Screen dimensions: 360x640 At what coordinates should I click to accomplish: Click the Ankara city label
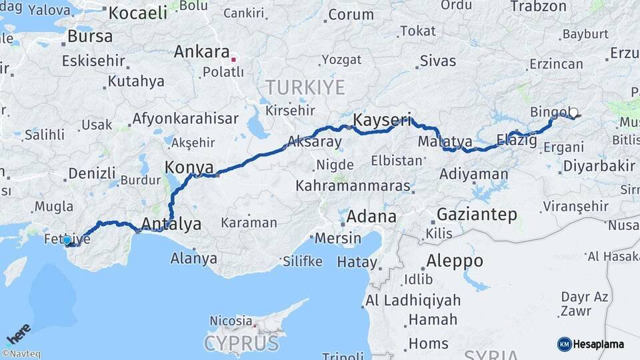[x=201, y=52]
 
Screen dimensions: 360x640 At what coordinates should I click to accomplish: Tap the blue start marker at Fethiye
[x=67, y=240]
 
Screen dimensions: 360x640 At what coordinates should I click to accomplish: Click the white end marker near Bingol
[x=573, y=113]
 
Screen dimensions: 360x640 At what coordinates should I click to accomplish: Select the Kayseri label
[x=381, y=121]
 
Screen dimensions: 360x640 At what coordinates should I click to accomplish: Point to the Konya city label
[x=189, y=167]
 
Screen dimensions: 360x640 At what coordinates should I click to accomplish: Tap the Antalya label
[x=172, y=224]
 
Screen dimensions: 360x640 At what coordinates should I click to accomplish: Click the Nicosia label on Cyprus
[x=231, y=321]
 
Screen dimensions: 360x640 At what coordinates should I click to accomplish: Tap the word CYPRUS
[x=241, y=343]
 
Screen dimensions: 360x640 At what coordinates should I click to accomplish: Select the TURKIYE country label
[x=305, y=87]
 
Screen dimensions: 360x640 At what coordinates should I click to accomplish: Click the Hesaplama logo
[x=591, y=344]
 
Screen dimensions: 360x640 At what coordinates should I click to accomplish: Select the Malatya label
[x=445, y=141]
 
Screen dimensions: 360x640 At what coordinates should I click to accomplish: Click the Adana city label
[x=371, y=217]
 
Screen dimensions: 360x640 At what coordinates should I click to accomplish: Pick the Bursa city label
[x=90, y=36]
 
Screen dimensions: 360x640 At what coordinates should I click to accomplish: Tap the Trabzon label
[x=538, y=7]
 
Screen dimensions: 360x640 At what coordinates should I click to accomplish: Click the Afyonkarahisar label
[x=185, y=119]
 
